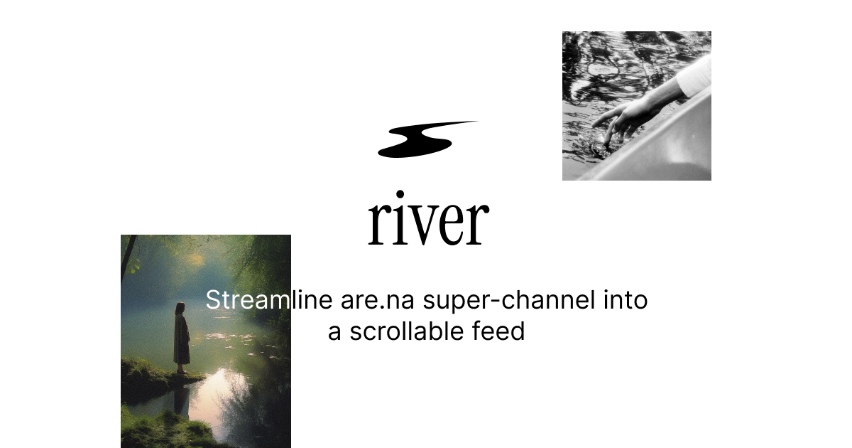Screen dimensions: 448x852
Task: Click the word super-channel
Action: coord(509,300)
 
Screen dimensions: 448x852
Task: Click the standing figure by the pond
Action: coord(182,337)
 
